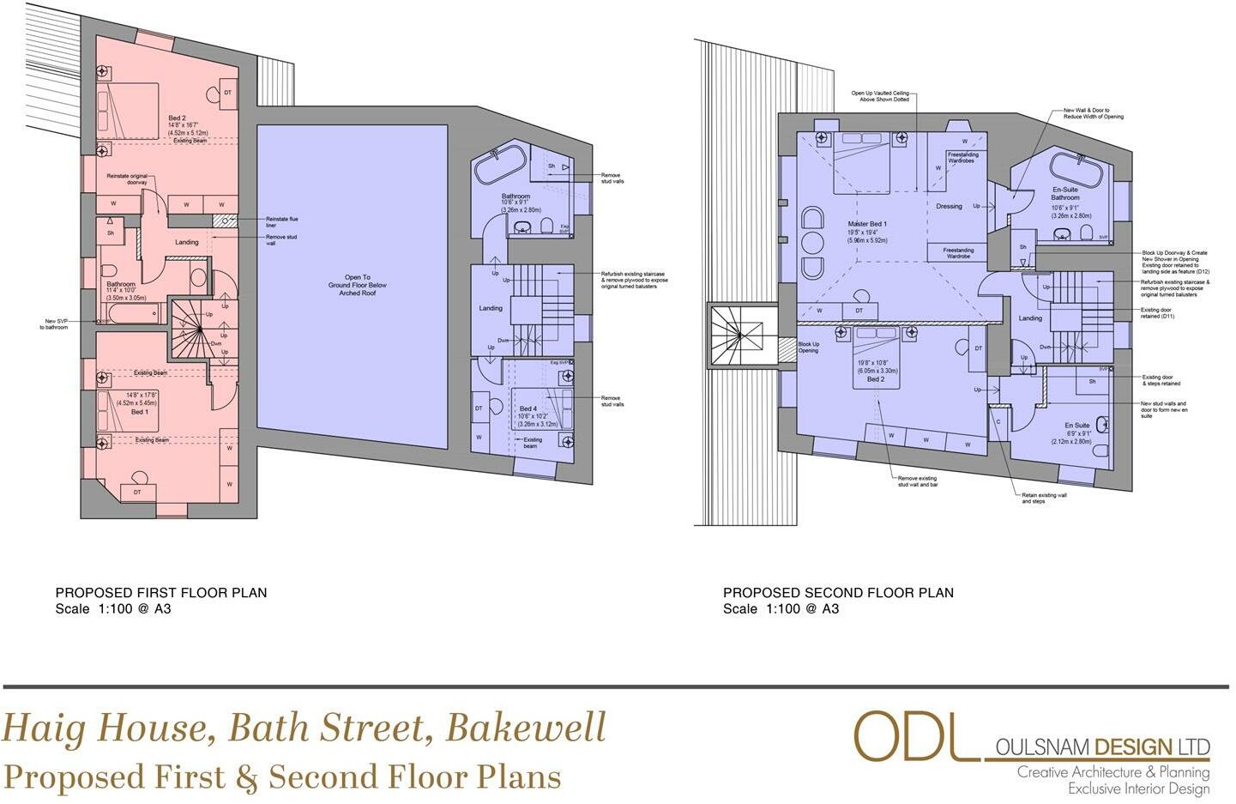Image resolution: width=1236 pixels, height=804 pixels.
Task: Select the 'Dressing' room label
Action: (x=949, y=206)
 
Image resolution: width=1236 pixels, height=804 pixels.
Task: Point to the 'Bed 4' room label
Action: (x=528, y=408)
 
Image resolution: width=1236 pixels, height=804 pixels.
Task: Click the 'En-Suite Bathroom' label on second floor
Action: (x=1065, y=193)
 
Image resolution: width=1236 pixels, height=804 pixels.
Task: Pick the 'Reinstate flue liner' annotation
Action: (x=282, y=221)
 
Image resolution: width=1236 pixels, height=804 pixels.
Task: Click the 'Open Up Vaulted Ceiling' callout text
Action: (x=880, y=96)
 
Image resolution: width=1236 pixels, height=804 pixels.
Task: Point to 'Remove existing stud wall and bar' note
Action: (x=917, y=481)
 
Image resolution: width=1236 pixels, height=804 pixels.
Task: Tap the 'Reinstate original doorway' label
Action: (x=127, y=178)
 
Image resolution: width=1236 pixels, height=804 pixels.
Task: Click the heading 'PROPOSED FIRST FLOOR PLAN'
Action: (x=161, y=593)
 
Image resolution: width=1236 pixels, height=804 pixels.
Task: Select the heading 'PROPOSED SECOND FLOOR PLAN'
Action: (x=838, y=593)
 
